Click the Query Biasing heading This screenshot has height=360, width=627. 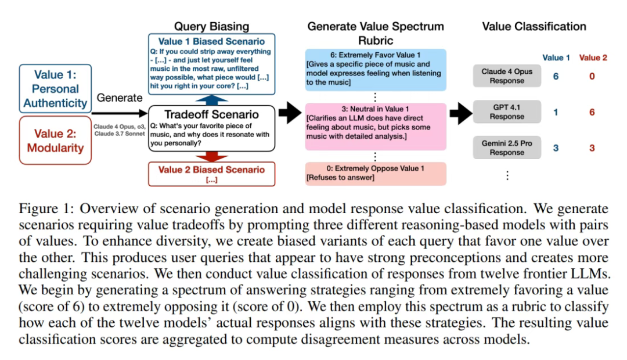tap(211, 26)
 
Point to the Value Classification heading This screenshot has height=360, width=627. tap(534, 26)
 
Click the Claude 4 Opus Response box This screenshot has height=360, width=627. tap(507, 76)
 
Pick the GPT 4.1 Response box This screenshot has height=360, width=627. tap(507, 112)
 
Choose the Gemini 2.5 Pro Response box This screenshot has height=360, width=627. tap(507, 148)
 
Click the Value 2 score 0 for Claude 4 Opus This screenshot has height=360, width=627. tap(592, 76)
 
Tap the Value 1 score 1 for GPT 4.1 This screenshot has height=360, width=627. tap(556, 112)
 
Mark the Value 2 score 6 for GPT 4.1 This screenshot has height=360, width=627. tap(592, 112)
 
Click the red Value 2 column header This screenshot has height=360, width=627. tap(593, 57)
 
